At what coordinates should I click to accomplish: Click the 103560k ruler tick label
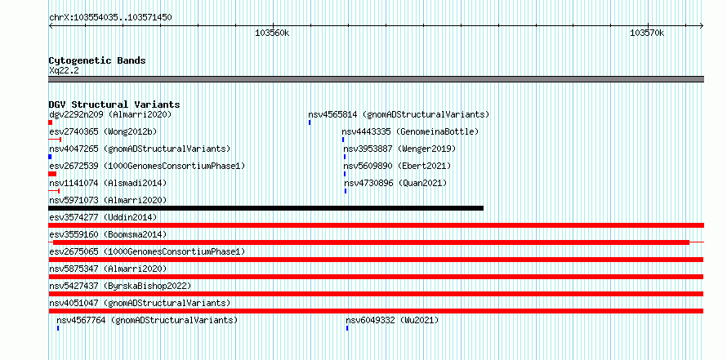pos(272,33)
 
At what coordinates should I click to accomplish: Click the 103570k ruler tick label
pos(647,33)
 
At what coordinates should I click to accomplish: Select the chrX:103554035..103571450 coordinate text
pos(110,18)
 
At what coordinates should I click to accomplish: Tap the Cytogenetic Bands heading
pos(97,60)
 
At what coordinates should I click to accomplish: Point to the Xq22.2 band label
pos(64,70)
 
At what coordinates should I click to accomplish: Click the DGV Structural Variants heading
pos(114,104)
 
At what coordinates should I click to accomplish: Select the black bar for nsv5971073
pos(266,208)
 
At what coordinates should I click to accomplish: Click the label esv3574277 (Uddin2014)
pos(103,217)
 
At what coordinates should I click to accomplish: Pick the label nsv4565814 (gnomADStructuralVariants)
pos(399,114)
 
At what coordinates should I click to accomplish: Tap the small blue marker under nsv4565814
pos(310,122)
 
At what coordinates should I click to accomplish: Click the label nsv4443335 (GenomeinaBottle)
pos(410,131)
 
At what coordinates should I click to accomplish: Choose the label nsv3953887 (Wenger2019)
pos(399,149)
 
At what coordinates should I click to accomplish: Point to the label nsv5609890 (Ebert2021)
pos(397,166)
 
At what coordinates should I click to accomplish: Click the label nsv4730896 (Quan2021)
pos(395,183)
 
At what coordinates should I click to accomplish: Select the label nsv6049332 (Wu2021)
pos(392,320)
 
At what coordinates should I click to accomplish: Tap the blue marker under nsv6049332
pos(347,328)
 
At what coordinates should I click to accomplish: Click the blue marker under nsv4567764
pos(58,328)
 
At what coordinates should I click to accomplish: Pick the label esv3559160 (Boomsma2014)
pos(108,234)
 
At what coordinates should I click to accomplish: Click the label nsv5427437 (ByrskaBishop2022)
pos(120,286)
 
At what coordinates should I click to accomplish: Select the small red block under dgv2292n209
pos(50,122)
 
